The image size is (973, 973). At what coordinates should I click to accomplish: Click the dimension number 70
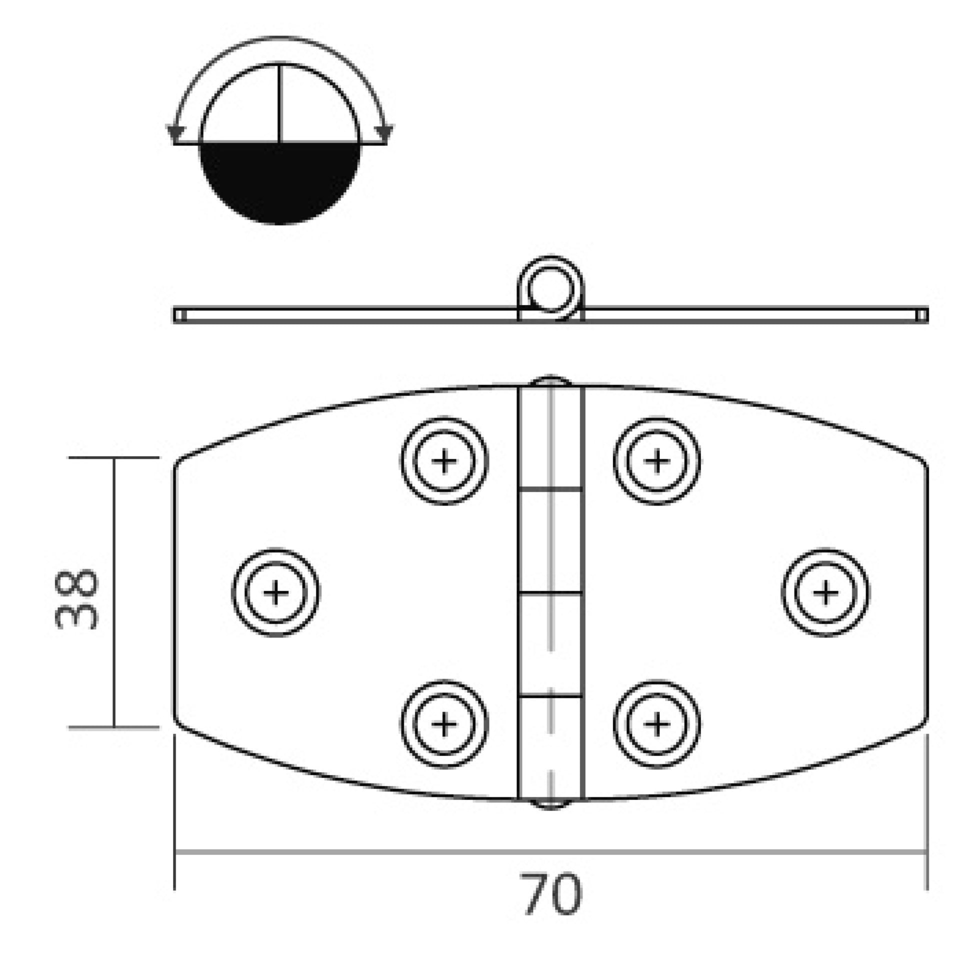(551, 894)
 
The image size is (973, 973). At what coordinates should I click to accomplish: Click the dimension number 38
(76, 599)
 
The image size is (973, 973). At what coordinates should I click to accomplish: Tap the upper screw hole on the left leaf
(444, 460)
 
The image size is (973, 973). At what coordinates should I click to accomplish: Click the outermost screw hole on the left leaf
(275, 592)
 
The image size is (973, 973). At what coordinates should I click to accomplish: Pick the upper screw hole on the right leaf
(656, 460)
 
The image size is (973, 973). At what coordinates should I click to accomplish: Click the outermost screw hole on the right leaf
(825, 592)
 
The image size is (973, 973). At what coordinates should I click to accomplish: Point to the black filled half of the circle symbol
(280, 182)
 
